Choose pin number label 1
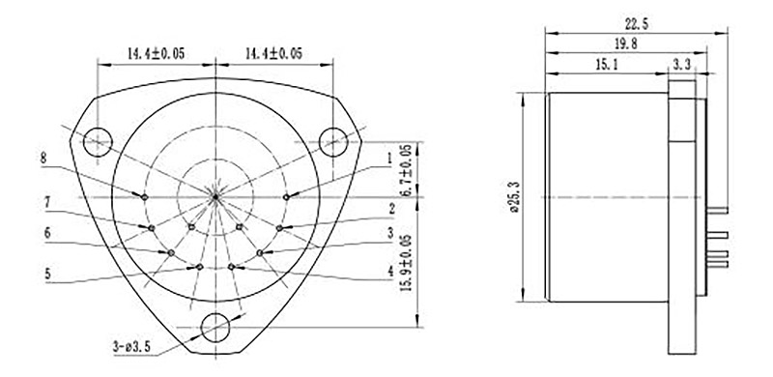[x=388, y=157]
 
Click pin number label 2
[x=389, y=208]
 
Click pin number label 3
[x=389, y=234]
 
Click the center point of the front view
[x=215, y=196]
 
